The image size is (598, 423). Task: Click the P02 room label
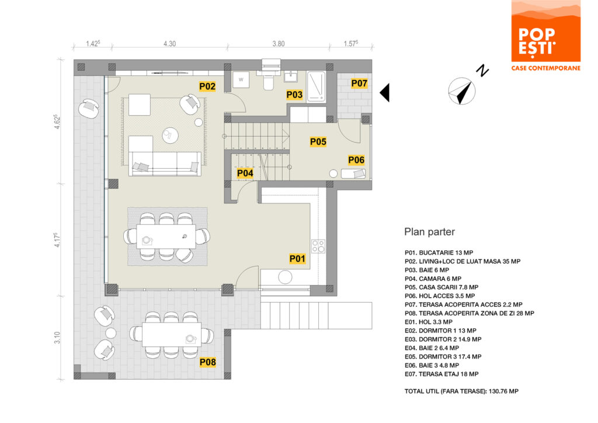click(x=207, y=86)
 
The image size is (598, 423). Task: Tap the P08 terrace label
click(x=208, y=362)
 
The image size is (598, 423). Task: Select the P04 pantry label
click(x=245, y=173)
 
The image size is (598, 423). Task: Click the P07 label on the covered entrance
click(x=359, y=83)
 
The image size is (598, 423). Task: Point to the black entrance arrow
click(x=385, y=93)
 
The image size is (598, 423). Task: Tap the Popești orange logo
click(x=546, y=36)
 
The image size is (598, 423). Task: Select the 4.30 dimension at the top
click(x=170, y=44)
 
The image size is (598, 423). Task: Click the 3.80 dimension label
click(x=279, y=44)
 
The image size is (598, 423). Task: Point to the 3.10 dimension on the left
click(x=57, y=338)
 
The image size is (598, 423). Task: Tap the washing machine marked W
click(x=241, y=79)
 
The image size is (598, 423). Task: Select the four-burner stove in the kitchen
click(x=318, y=247)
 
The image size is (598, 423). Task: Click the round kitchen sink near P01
click(x=285, y=278)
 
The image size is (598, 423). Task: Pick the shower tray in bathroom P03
click(x=317, y=87)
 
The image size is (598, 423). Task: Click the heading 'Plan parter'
click(x=429, y=232)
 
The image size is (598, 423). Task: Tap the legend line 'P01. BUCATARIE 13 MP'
click(x=439, y=252)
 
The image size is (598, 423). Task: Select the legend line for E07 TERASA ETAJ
click(x=441, y=374)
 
